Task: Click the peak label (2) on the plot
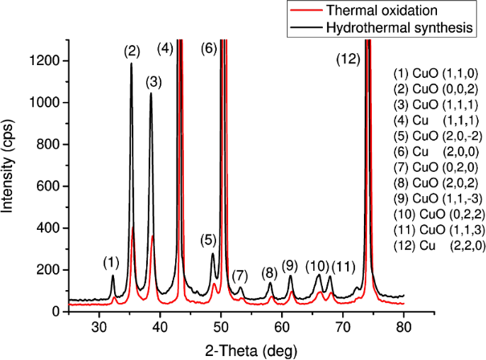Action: tap(133, 51)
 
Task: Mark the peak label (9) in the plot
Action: tap(290, 264)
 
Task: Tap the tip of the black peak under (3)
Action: tap(151, 93)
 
